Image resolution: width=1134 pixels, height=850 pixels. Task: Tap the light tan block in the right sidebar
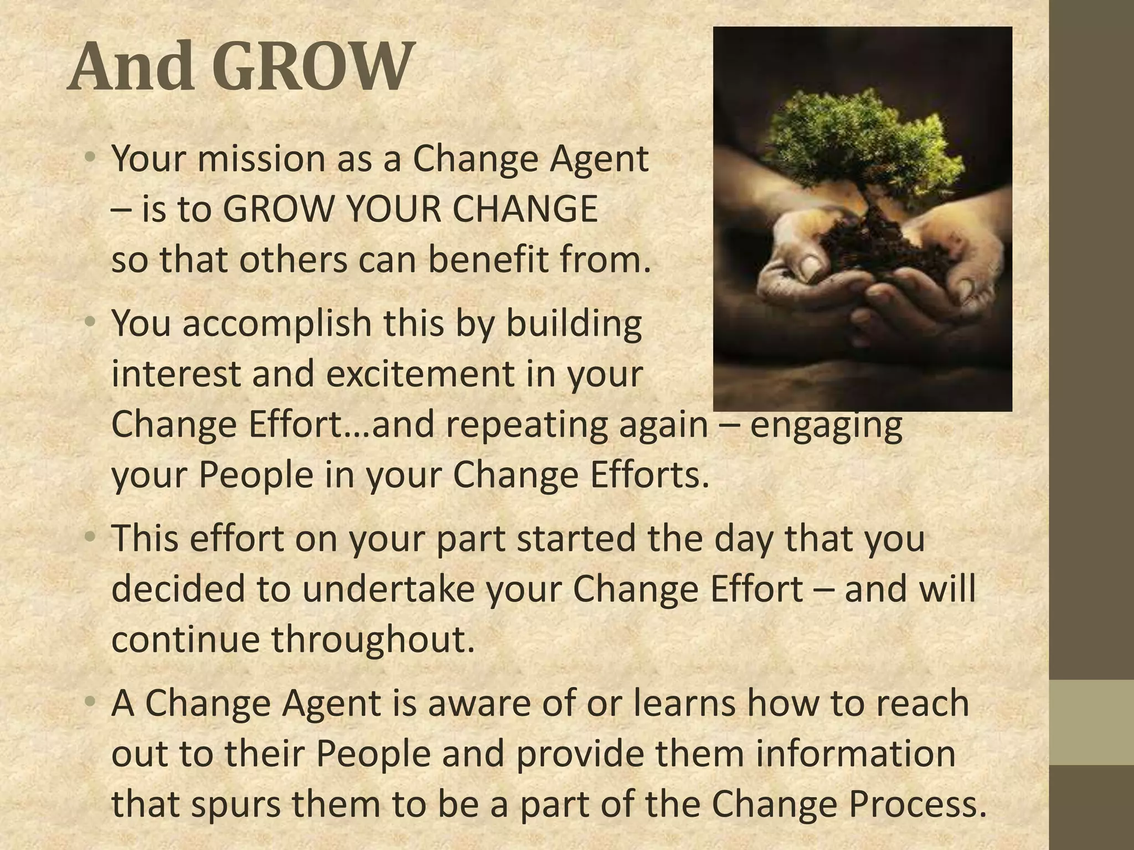point(1091,723)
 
